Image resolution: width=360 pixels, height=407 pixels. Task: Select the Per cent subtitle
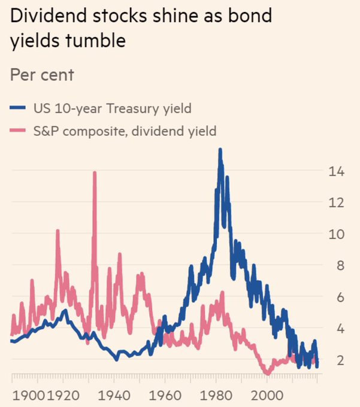point(42,75)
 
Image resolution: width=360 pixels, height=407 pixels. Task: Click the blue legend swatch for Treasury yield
point(18,108)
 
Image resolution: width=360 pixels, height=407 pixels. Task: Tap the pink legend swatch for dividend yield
point(18,131)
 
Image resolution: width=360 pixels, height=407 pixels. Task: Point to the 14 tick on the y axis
point(336,172)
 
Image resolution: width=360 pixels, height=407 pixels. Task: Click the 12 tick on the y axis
point(336,203)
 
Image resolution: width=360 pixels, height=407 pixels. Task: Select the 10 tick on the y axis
point(336,234)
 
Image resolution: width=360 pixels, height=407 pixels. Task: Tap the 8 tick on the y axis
point(336,266)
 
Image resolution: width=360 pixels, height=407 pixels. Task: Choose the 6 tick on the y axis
point(336,297)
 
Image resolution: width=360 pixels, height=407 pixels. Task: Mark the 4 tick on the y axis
point(336,328)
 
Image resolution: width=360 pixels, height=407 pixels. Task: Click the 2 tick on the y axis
point(336,359)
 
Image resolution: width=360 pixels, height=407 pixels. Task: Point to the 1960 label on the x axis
point(165,396)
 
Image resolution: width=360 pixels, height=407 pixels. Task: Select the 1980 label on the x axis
point(216,396)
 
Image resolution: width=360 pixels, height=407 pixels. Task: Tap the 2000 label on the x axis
point(267,396)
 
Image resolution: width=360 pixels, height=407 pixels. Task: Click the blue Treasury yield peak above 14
point(220,150)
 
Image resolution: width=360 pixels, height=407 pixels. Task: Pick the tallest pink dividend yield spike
point(94,174)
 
